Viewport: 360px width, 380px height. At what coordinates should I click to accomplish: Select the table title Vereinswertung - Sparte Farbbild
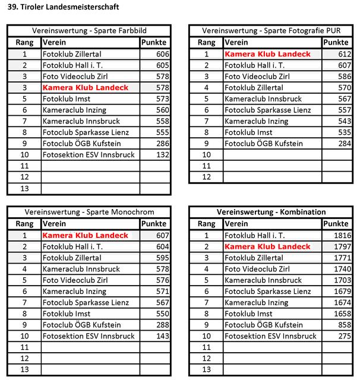pyautogui.click(x=89, y=31)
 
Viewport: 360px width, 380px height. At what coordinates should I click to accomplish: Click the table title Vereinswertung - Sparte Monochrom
pyautogui.click(x=89, y=212)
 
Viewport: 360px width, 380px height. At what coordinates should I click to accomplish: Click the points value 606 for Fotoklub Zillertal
pyautogui.click(x=162, y=54)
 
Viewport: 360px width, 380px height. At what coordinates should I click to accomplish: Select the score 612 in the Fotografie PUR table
pyautogui.click(x=343, y=54)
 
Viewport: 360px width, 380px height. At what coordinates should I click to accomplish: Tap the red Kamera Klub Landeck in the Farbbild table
pyautogui.click(x=86, y=88)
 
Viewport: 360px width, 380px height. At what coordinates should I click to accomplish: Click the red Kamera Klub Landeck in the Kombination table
pyautogui.click(x=267, y=247)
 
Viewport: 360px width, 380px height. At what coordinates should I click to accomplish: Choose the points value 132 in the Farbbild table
pyautogui.click(x=162, y=155)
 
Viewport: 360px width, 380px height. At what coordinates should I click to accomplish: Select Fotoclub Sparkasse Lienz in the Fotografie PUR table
pyautogui.click(x=268, y=110)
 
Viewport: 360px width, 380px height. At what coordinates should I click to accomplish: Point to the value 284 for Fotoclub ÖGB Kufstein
pyautogui.click(x=343, y=144)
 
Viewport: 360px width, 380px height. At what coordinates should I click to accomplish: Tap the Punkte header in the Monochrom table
pyautogui.click(x=154, y=224)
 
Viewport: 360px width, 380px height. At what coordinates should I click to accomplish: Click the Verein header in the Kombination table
pyautogui.click(x=236, y=224)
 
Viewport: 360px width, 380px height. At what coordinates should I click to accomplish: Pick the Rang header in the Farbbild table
pyautogui.click(x=24, y=43)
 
